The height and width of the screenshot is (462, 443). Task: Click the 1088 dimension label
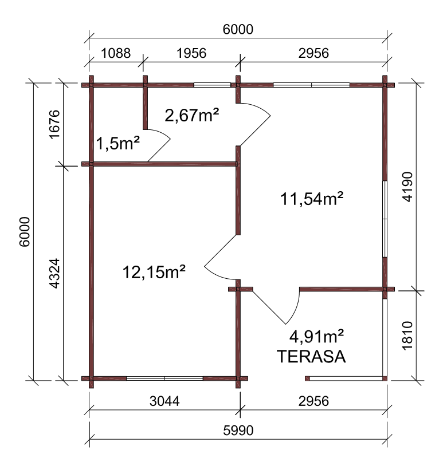click(x=116, y=53)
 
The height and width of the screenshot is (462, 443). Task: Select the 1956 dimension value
click(x=191, y=53)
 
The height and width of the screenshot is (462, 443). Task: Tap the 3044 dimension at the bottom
click(x=164, y=401)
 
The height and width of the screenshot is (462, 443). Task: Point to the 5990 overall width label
click(x=238, y=431)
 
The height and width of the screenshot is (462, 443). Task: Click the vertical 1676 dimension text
click(x=54, y=124)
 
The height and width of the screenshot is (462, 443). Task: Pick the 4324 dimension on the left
click(x=54, y=274)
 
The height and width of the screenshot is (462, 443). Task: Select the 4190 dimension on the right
click(x=407, y=187)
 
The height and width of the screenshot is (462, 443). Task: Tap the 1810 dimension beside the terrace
click(x=407, y=335)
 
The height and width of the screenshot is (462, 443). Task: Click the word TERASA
click(x=311, y=356)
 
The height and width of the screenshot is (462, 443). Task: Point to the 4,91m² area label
click(x=316, y=337)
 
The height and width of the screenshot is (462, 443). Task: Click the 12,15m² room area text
click(x=154, y=272)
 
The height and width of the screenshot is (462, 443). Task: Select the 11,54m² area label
click(x=312, y=198)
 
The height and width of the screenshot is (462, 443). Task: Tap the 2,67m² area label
click(x=192, y=115)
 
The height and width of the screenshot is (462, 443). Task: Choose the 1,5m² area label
click(x=118, y=143)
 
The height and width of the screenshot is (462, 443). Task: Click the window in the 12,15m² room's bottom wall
click(x=164, y=378)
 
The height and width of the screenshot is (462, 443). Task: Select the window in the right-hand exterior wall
click(x=385, y=219)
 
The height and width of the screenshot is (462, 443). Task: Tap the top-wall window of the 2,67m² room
click(x=212, y=85)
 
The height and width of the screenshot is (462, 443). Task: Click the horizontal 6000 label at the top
click(x=238, y=29)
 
